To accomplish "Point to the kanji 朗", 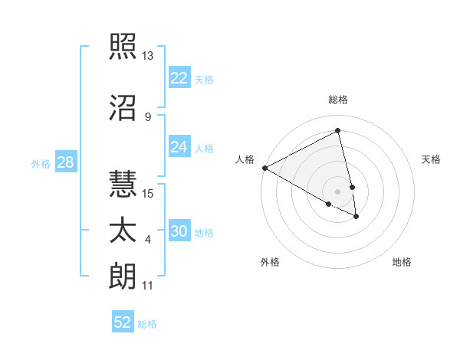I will pyautogui.click(x=123, y=278).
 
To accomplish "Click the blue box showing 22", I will pyautogui.click(x=179, y=77).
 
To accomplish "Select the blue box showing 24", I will pyautogui.click(x=179, y=147).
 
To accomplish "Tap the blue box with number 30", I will pyautogui.click(x=179, y=231).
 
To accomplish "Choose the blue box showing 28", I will pyautogui.click(x=64, y=162).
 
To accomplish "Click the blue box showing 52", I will pyautogui.click(x=123, y=322).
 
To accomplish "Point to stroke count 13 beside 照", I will pyautogui.click(x=147, y=56).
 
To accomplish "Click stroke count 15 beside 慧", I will pyautogui.click(x=148, y=193).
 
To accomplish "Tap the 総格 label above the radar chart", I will pyautogui.click(x=338, y=100).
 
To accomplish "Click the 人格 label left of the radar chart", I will pyautogui.click(x=245, y=159).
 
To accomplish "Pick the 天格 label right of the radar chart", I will pyautogui.click(x=431, y=159).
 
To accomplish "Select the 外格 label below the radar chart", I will pyautogui.click(x=270, y=262).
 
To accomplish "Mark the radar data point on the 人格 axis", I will pyautogui.click(x=264, y=168).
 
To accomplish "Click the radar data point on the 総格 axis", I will pyautogui.click(x=338, y=130).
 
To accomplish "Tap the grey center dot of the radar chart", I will pyautogui.click(x=338, y=191).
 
